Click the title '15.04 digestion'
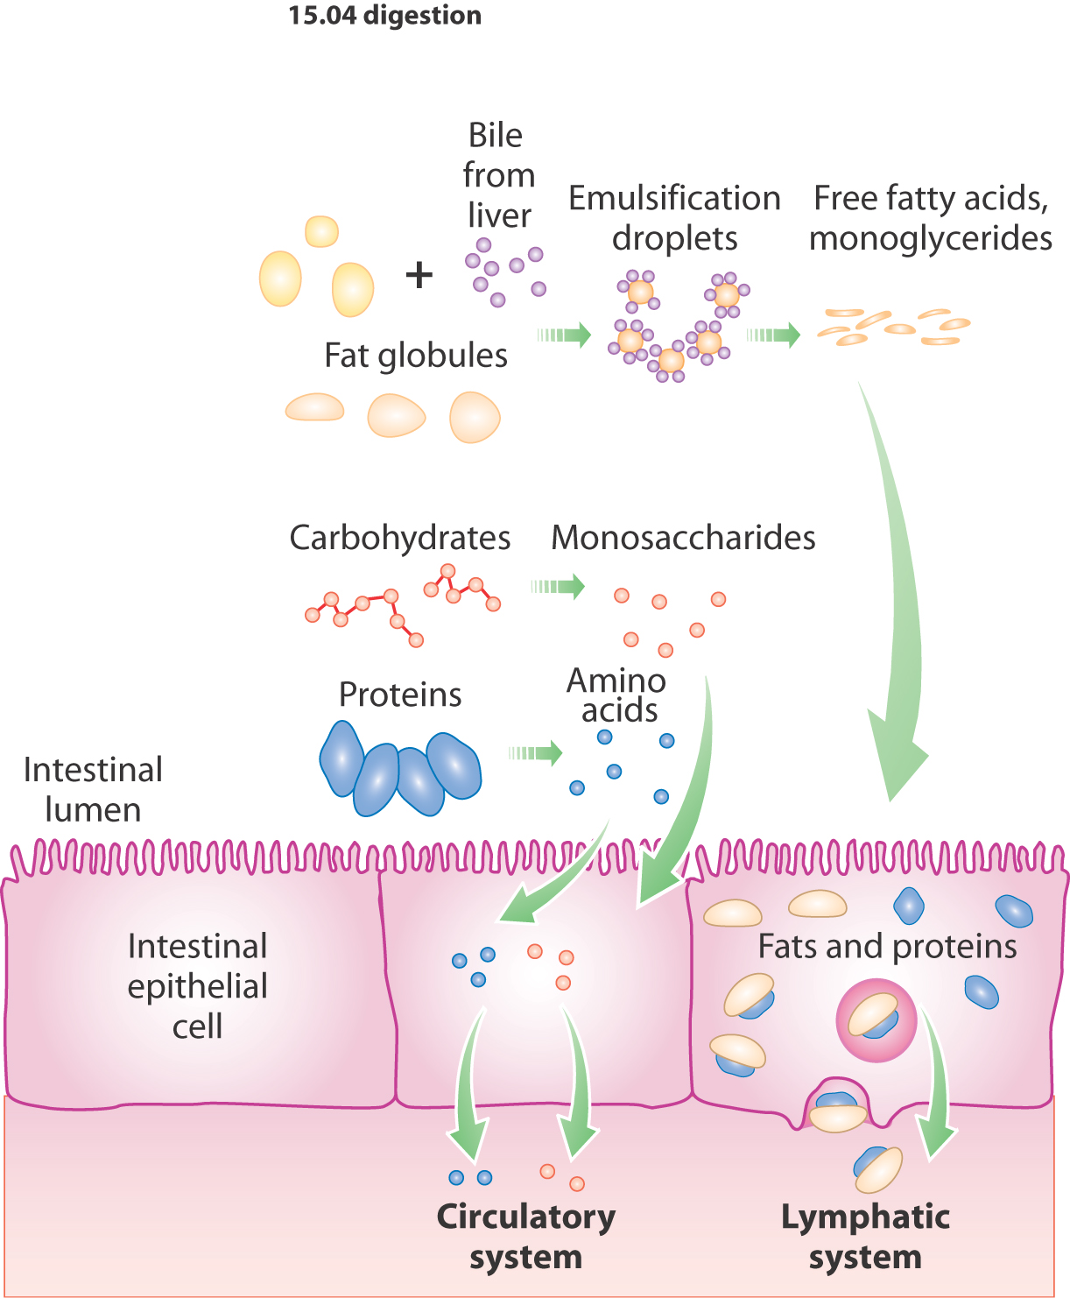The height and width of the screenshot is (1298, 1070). point(384,16)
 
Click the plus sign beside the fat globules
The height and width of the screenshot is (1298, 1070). point(419,275)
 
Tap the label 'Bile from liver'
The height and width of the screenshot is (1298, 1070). point(497,175)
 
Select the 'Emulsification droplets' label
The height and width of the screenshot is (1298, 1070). point(674,218)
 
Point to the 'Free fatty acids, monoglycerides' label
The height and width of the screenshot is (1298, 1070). point(930,218)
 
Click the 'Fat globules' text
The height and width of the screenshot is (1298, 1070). point(415,356)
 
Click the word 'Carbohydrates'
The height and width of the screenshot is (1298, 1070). point(399,538)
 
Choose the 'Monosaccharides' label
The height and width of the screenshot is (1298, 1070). point(683,538)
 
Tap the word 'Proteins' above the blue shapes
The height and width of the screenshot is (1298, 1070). point(400,695)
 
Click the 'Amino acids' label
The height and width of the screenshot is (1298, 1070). point(617,695)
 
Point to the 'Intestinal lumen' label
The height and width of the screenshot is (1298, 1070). point(93,789)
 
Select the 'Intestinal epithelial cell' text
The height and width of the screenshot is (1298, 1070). point(197,986)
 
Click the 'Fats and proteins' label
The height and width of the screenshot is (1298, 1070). point(887,947)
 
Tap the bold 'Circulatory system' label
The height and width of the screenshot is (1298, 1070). point(525,1236)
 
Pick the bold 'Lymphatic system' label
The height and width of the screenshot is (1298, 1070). point(865,1236)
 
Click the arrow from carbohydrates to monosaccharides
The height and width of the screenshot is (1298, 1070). point(559,586)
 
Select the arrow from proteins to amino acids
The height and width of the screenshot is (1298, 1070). point(536,752)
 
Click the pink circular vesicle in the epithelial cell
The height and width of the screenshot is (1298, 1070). point(876,1021)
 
